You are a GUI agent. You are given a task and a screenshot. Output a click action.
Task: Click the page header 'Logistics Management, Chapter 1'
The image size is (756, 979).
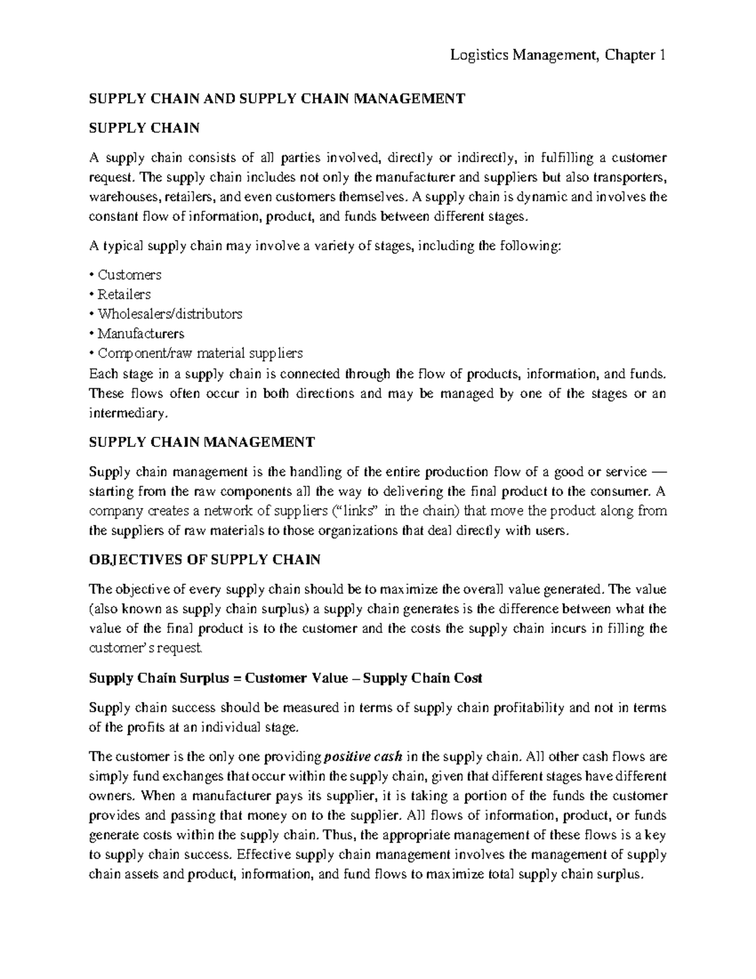[558, 55]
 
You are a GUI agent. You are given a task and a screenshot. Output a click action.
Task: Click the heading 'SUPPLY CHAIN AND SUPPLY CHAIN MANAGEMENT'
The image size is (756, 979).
[277, 98]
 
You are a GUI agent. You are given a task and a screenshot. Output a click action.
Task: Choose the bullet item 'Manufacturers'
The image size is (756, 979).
[140, 333]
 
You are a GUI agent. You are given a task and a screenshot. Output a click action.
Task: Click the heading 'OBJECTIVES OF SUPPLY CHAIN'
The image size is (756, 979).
[205, 560]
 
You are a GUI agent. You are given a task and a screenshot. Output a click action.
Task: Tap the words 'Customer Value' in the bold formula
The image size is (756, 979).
[296, 678]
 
